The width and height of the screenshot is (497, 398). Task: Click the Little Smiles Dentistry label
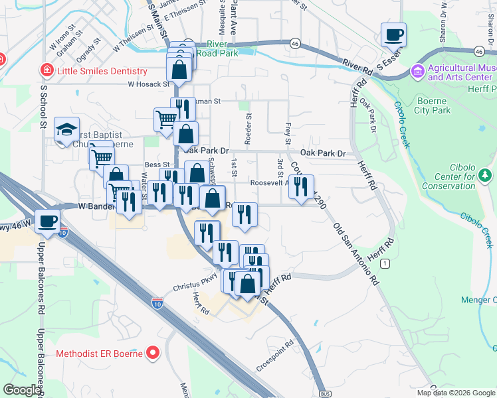tap(102, 71)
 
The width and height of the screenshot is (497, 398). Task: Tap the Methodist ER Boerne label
tap(99, 352)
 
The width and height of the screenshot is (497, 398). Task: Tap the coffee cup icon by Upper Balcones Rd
tap(47, 221)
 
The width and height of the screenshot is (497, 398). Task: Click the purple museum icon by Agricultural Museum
tap(418, 70)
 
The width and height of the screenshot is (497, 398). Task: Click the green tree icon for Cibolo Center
tap(485, 175)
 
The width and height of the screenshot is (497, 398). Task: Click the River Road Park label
tap(216, 48)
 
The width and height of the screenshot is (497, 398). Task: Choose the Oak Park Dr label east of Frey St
tap(323, 153)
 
